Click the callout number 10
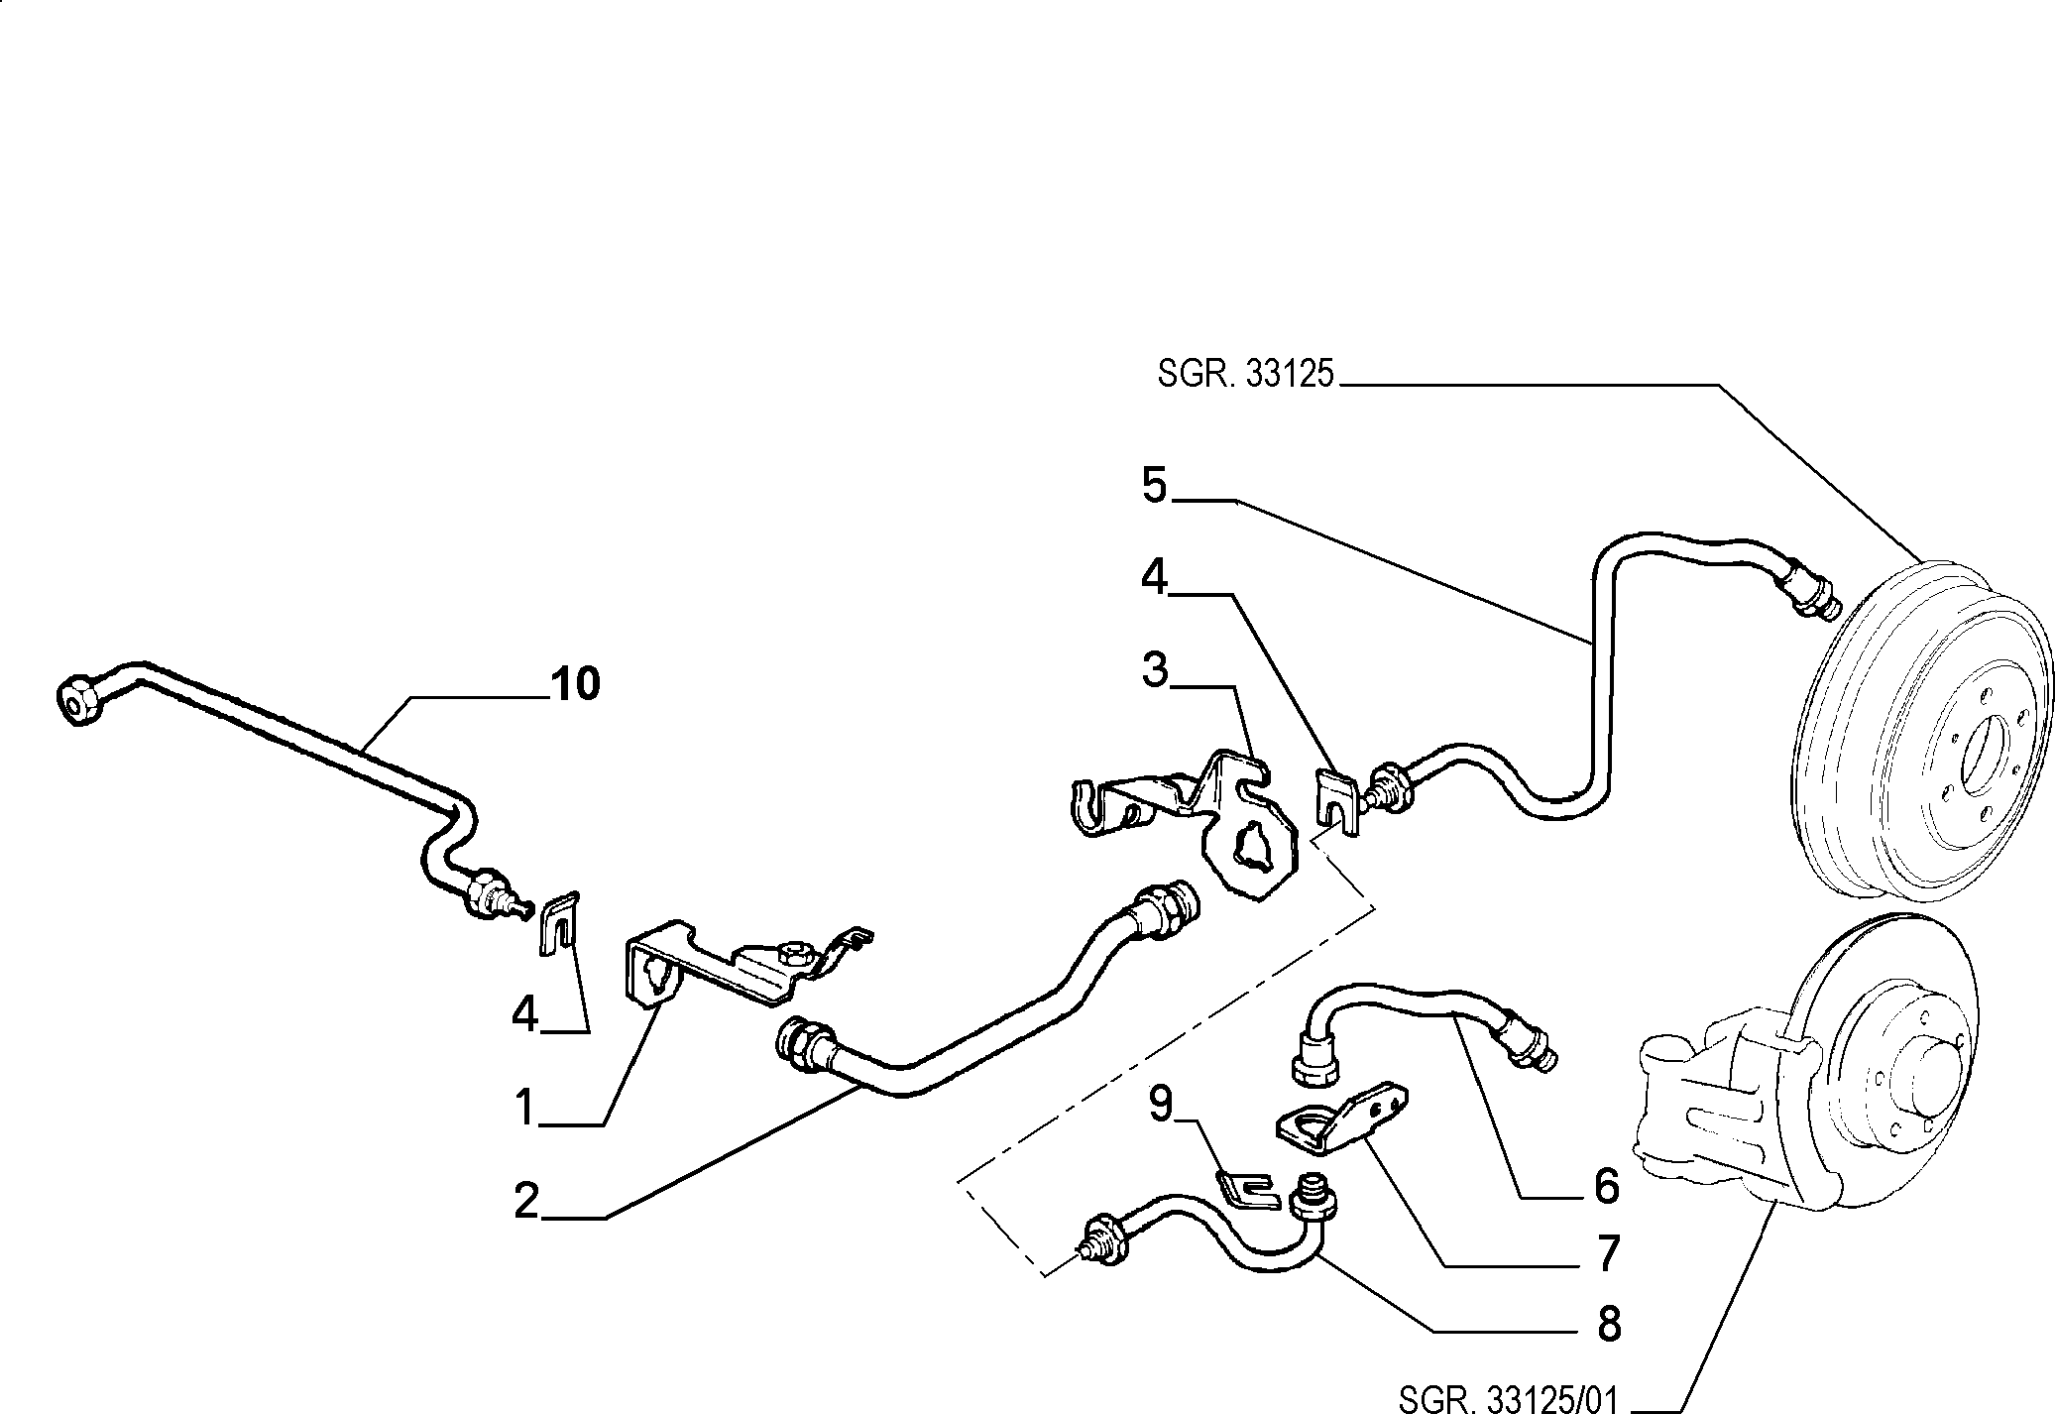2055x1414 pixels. pos(575,684)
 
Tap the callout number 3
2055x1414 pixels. pos(1155,670)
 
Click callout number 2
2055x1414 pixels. pos(526,1201)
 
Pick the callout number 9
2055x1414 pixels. pos(1162,1103)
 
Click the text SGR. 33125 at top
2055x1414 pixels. pos(1246,375)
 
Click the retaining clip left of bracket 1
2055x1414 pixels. pos(559,923)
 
